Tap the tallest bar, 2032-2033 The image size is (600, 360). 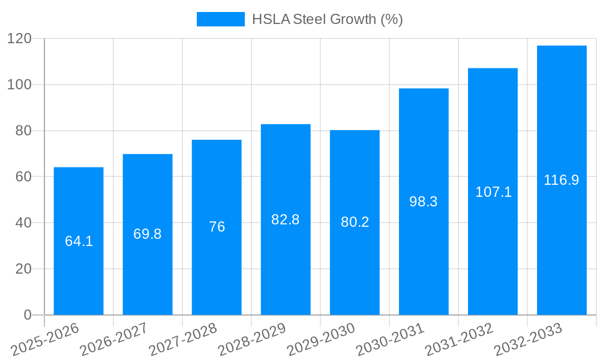562,240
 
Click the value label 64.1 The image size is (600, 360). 79,241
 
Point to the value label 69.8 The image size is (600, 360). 148,234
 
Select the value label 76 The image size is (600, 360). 217,227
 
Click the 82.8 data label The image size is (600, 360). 286,220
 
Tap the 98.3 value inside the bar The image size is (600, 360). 424,202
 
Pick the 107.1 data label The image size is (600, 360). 493,192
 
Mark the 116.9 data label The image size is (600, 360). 562,180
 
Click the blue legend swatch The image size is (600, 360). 221,19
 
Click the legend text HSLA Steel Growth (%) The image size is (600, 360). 327,19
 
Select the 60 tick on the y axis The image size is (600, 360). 23,177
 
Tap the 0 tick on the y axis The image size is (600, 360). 27,315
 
